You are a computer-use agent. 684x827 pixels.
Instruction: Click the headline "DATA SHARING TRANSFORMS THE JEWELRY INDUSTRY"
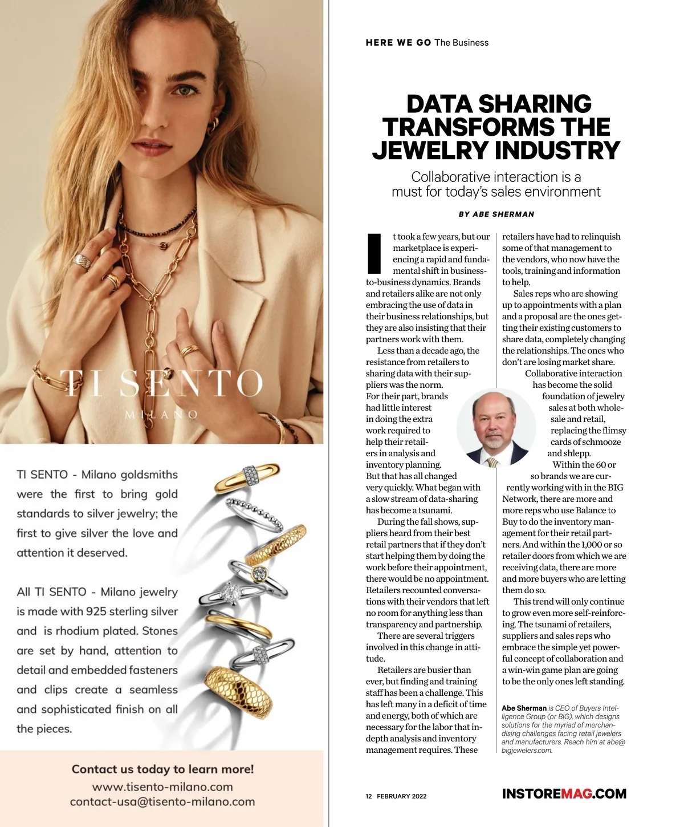point(496,127)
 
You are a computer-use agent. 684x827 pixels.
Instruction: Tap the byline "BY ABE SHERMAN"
point(496,214)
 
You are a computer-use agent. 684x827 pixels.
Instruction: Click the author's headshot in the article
point(495,428)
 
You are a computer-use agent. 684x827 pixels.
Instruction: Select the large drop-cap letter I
point(374,253)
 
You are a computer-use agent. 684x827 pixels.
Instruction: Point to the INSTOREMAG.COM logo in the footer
point(564,794)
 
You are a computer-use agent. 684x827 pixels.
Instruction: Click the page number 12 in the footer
point(369,796)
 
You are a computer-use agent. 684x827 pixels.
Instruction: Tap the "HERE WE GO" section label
point(398,43)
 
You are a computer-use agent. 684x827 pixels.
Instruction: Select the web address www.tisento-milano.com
point(162,787)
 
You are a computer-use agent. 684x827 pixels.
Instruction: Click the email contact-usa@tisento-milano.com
point(162,802)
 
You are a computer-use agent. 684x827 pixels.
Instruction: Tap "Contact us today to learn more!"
point(162,769)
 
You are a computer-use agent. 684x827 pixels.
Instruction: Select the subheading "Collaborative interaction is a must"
point(496,184)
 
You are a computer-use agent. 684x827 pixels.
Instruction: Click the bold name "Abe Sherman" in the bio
point(524,708)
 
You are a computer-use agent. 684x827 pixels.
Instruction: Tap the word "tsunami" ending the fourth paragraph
point(435,510)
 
